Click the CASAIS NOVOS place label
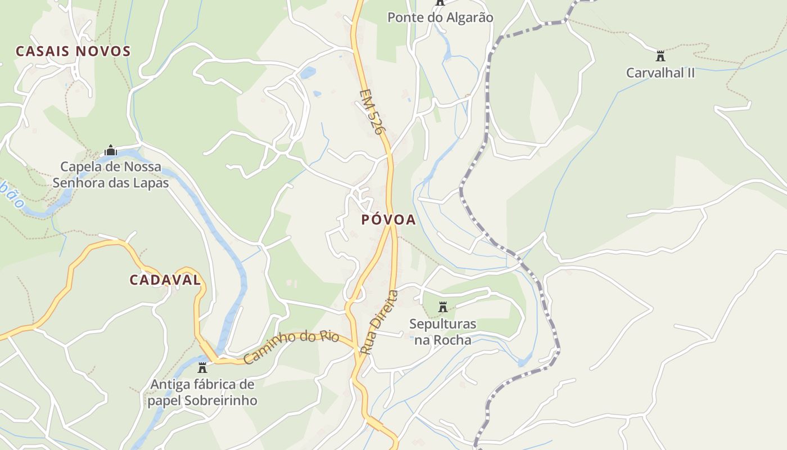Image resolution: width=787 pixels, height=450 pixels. point(73,51)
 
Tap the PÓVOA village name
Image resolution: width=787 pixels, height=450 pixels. point(388,220)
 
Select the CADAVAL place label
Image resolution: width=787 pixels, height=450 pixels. point(165,280)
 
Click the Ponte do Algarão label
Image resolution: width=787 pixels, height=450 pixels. point(440,17)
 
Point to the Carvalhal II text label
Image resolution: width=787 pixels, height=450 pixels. point(661,73)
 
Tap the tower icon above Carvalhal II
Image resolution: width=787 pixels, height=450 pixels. point(661,56)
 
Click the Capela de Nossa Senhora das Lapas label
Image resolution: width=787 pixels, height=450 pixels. point(111,174)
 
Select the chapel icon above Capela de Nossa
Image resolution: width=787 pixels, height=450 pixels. point(111,151)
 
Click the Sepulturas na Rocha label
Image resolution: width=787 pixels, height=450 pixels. point(442,332)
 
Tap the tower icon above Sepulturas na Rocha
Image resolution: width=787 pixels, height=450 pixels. point(442,307)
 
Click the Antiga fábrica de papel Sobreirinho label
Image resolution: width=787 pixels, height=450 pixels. point(202,393)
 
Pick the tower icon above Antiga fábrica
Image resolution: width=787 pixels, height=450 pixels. point(202,368)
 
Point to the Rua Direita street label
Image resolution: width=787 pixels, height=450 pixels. point(378,322)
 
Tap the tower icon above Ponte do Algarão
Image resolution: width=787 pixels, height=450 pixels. point(440,2)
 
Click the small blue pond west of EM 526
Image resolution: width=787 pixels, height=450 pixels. point(307,73)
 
